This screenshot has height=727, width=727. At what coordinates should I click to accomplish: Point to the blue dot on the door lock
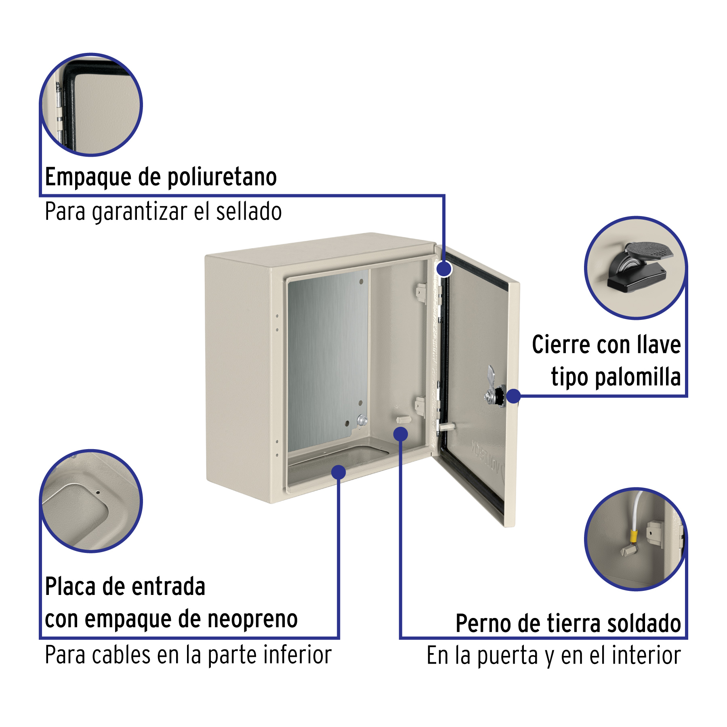coord(513,396)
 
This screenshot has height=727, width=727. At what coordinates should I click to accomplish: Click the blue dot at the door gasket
coord(444,269)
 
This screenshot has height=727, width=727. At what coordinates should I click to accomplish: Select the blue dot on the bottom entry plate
coord(338,472)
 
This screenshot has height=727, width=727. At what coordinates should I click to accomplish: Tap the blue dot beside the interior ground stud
coord(401,434)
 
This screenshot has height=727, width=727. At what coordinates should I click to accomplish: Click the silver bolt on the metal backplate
coord(362,420)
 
